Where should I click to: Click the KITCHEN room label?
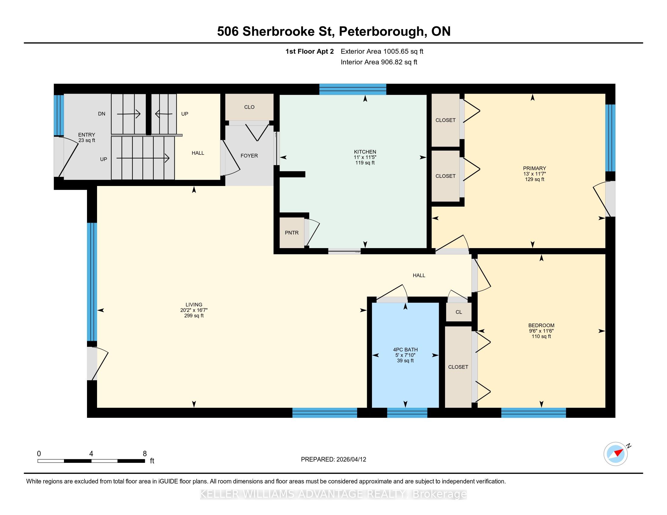(x=365, y=152)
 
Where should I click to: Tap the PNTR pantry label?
(x=292, y=233)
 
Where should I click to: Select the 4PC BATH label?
(x=405, y=350)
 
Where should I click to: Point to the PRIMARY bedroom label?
(x=534, y=168)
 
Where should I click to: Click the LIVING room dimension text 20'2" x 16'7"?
(x=194, y=310)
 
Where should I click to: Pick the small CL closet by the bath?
(x=459, y=312)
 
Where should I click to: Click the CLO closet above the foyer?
(x=249, y=107)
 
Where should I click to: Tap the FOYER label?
(x=249, y=156)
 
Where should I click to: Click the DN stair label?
(x=102, y=114)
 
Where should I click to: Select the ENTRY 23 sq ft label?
(x=87, y=138)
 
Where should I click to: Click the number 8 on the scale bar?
(x=145, y=454)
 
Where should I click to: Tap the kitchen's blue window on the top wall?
(x=353, y=89)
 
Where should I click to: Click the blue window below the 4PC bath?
(x=407, y=413)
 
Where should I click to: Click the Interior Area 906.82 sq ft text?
(x=379, y=62)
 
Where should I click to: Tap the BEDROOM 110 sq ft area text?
(x=541, y=337)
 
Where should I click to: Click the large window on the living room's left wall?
(x=92, y=282)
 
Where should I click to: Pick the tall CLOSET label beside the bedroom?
(x=458, y=367)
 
